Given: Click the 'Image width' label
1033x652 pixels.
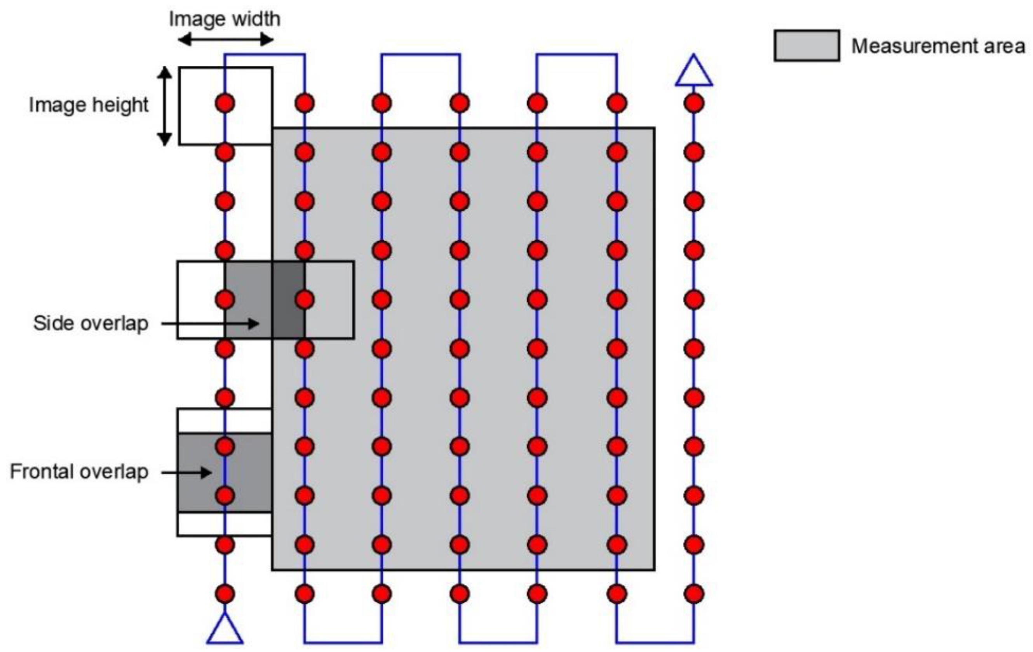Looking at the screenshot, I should click(225, 19).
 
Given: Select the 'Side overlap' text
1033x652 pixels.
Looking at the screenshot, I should click(91, 323).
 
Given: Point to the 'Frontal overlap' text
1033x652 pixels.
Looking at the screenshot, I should click(79, 472).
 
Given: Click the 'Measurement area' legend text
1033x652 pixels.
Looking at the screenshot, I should click(938, 46).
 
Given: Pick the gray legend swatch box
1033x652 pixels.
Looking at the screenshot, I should click(807, 45).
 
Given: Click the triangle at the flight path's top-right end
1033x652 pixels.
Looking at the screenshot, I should click(694, 72).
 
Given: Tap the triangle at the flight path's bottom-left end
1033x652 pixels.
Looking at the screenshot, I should click(225, 630).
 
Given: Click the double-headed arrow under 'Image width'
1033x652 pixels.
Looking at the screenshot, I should click(226, 40).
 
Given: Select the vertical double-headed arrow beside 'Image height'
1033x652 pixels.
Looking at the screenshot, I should click(164, 106).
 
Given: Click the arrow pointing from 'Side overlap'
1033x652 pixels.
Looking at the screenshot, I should click(210, 323).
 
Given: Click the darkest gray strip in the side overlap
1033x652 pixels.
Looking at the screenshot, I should click(288, 300).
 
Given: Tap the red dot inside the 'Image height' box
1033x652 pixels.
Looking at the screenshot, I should click(225, 103).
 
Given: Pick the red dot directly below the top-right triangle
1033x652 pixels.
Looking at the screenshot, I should click(694, 103).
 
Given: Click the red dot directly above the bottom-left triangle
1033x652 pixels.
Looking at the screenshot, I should click(225, 594).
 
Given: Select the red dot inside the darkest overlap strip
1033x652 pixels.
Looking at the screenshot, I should click(304, 300).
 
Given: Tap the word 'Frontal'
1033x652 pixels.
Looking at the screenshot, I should click(42, 472).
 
